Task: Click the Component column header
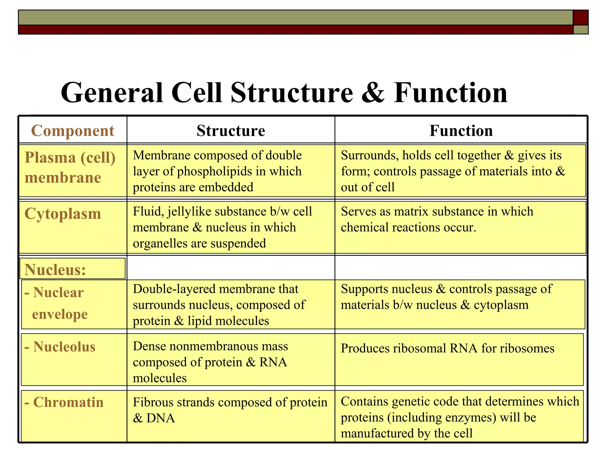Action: [72, 131]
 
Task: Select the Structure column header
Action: [231, 131]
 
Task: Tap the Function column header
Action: [461, 131]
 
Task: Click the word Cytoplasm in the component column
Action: [63, 214]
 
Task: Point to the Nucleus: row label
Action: [55, 270]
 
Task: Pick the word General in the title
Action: [112, 93]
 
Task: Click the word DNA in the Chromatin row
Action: [161, 418]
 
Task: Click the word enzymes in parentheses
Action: [471, 417]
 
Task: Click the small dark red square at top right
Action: [581, 18]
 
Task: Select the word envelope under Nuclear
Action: [60, 314]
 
